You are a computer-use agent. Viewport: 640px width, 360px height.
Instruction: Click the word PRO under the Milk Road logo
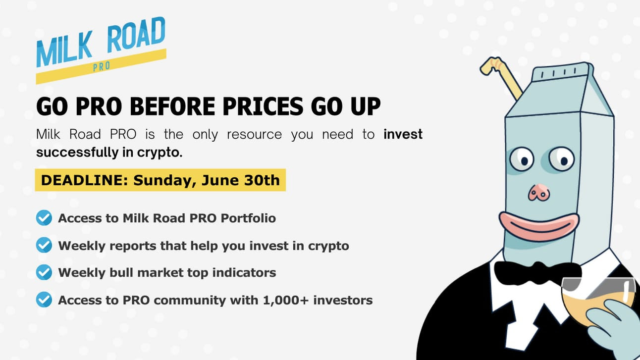pyautogui.click(x=102, y=66)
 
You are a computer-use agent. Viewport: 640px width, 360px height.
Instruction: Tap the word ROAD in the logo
pyautogui.click(x=136, y=35)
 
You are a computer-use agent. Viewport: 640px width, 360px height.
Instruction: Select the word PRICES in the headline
pyautogui.click(x=263, y=106)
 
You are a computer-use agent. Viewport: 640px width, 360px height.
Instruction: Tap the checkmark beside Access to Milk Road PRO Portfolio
pyautogui.click(x=44, y=218)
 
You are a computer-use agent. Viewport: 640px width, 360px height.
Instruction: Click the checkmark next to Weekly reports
pyautogui.click(x=44, y=245)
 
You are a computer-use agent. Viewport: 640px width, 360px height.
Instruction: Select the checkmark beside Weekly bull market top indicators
pyautogui.click(x=44, y=272)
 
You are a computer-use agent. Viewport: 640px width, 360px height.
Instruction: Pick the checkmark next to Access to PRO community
pyautogui.click(x=44, y=300)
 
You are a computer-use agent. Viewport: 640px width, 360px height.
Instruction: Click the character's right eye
pyautogui.click(x=562, y=158)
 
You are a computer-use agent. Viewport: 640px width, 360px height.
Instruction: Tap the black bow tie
pyautogui.click(x=538, y=273)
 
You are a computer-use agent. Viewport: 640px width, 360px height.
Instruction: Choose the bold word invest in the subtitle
pyautogui.click(x=403, y=134)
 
